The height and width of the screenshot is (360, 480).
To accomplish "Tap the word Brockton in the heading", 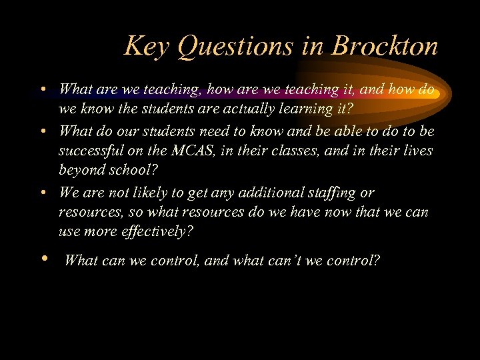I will coord(385,47).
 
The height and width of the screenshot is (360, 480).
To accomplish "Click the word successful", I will coord(91,151).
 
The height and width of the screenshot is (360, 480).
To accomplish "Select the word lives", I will coord(417,151).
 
